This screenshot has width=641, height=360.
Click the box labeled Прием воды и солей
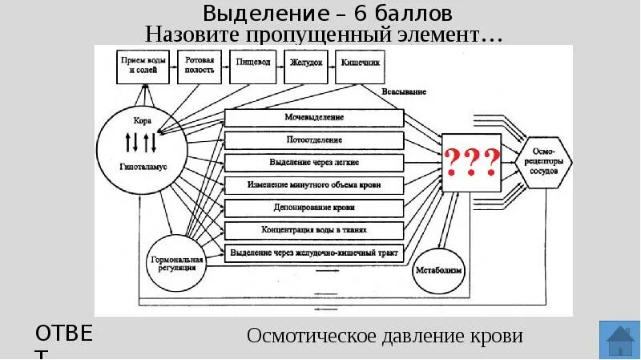(x=144, y=66)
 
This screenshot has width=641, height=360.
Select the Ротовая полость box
(x=200, y=66)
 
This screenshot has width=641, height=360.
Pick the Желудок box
(x=304, y=64)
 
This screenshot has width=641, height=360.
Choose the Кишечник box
(x=357, y=64)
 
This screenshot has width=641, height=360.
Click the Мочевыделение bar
(x=314, y=118)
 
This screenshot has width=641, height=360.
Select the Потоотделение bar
(x=314, y=140)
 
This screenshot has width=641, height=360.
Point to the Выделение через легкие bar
(x=314, y=162)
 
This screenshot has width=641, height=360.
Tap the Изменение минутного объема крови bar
(x=314, y=185)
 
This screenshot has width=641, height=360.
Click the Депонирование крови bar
(x=314, y=208)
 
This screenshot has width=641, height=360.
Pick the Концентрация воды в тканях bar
(x=314, y=230)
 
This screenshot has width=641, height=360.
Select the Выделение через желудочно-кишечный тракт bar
(x=314, y=253)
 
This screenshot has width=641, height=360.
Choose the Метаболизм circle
(x=438, y=269)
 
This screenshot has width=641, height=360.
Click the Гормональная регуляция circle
(x=176, y=261)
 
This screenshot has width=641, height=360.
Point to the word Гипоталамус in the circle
(x=143, y=170)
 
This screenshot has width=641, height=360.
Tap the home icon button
(x=619, y=340)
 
